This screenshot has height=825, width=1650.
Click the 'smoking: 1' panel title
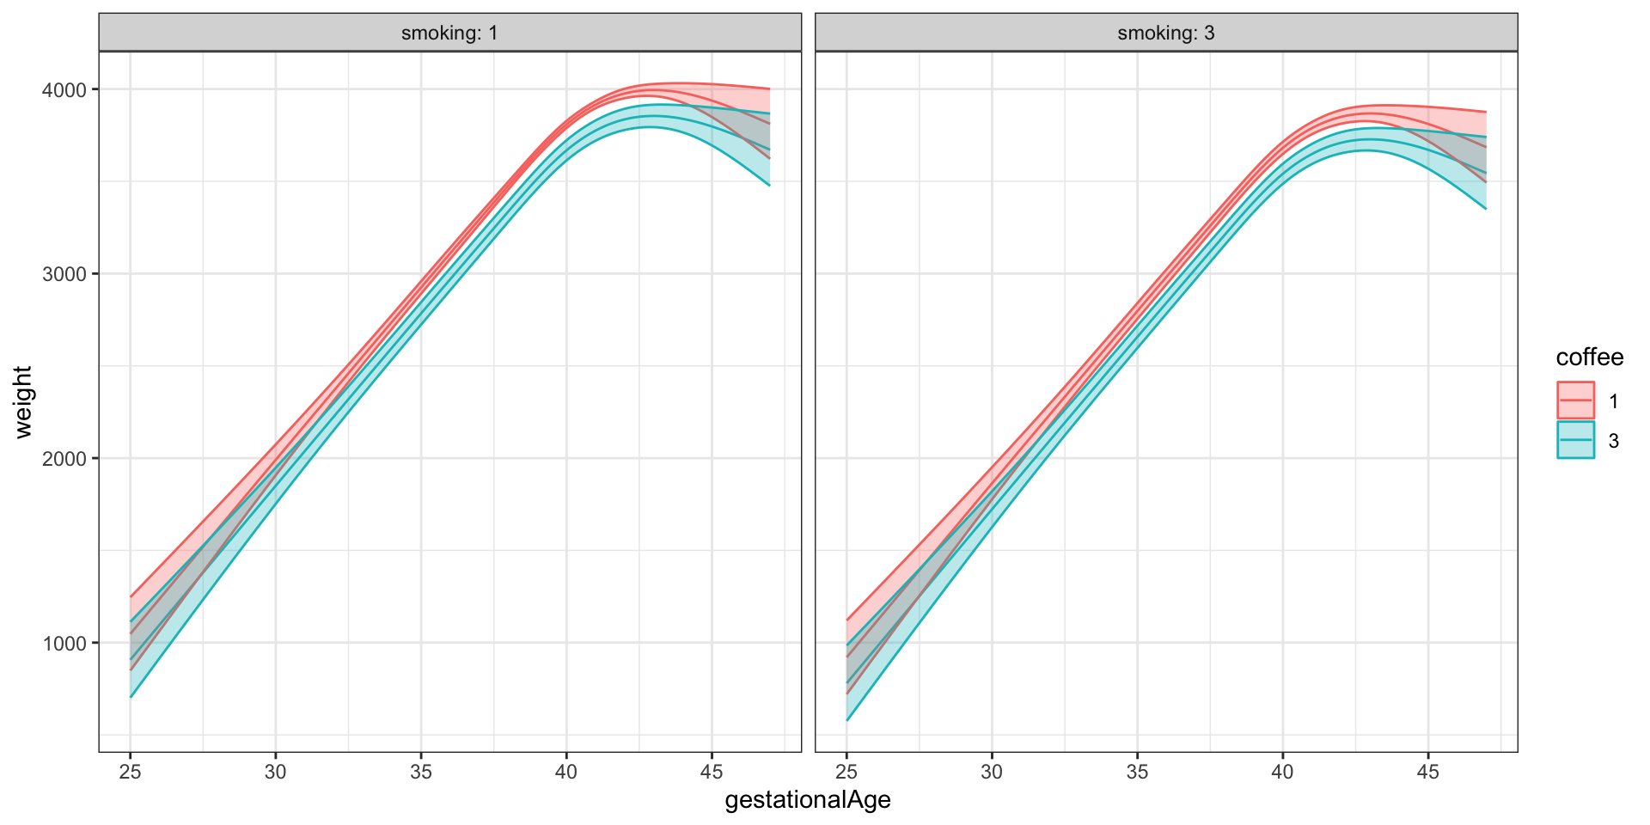449,34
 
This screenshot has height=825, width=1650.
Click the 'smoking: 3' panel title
1166,34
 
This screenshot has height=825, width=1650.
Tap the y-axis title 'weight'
23,402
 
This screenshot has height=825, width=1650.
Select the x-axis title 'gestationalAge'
808,801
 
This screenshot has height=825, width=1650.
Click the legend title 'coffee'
1590,357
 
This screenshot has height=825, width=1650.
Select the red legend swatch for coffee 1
1575,400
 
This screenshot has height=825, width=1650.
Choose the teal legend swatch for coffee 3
1575,440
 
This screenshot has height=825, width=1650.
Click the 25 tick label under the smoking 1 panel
130,771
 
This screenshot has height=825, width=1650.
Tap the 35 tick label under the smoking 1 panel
421,771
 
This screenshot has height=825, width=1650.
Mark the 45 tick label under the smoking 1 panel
712,771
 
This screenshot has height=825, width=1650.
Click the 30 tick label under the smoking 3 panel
992,771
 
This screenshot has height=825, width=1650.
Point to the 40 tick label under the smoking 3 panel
1282,771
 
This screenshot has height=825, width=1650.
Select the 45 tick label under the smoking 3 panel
1428,771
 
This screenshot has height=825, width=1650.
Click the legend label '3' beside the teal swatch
1614,441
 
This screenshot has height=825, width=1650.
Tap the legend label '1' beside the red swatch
1614,401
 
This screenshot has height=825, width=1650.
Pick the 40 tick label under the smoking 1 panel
566,771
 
